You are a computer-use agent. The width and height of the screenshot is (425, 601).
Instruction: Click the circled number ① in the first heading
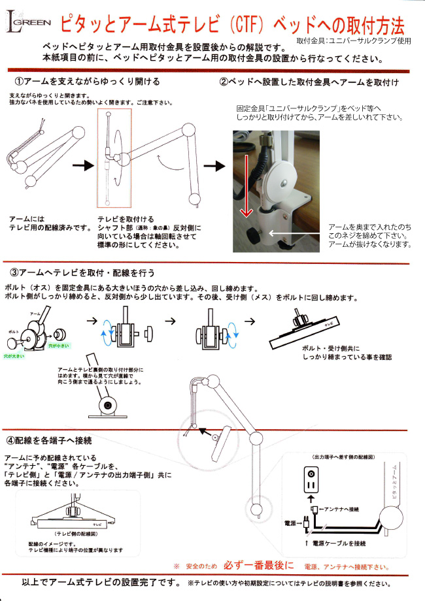[x=20, y=82]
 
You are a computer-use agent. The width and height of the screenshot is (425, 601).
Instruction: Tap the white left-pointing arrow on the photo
[x=294, y=231]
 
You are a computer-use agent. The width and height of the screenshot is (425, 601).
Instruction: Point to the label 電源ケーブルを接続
[x=339, y=543]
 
